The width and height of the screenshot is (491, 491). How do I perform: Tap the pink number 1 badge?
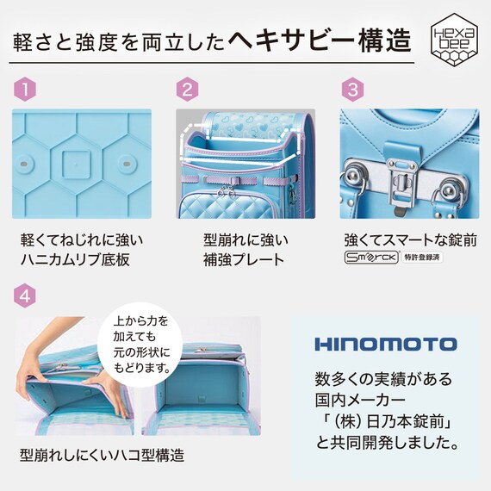tap(25, 89)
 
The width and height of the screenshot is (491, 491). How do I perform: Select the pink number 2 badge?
tap(188, 89)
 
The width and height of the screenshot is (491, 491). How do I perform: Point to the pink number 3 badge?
tap(351, 89)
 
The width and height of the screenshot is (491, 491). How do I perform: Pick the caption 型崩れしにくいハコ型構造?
tap(103, 454)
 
